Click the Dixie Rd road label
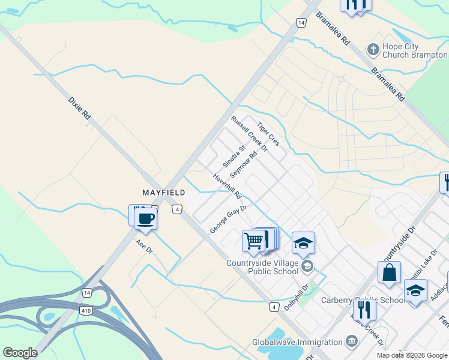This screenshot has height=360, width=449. click(x=79, y=107)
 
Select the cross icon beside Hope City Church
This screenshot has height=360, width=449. click(x=373, y=49)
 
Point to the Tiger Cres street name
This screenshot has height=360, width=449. click(x=268, y=134)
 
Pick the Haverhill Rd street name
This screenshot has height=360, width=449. click(x=227, y=187)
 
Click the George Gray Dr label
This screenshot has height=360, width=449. click(x=229, y=220)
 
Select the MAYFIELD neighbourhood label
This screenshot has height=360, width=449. click(x=163, y=193)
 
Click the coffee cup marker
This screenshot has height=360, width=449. click(x=146, y=218)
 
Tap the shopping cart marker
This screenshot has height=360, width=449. click(x=254, y=241)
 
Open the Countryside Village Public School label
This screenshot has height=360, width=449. click(x=262, y=267)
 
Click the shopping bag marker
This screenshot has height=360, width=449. click(x=389, y=273)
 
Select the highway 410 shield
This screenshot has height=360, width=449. click(x=85, y=310)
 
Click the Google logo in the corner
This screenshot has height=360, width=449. click(x=20, y=353)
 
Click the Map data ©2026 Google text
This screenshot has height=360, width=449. click(x=411, y=355)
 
